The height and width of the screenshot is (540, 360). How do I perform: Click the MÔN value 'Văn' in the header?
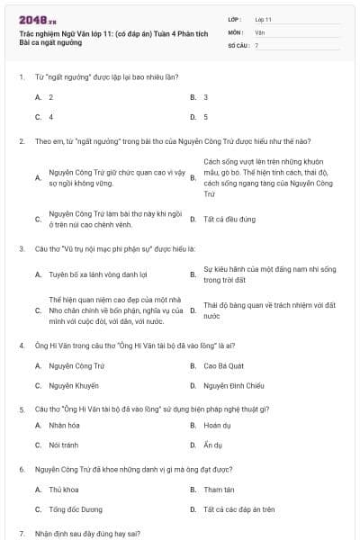[x=260, y=31]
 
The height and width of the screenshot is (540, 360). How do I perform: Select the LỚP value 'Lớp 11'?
[x=264, y=18]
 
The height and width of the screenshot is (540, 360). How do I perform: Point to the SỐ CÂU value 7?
[x=256, y=45]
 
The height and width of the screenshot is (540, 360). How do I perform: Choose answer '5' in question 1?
[x=205, y=117]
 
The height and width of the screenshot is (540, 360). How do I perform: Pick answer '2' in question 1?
[x=50, y=96]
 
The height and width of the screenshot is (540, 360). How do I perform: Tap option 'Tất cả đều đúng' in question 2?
[x=229, y=219]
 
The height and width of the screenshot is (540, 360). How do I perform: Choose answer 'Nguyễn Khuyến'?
[x=74, y=386]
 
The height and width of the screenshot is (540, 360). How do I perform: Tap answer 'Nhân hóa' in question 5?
[x=65, y=424]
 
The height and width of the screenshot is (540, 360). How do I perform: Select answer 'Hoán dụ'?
[x=217, y=424]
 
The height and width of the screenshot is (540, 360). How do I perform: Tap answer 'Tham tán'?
[x=219, y=490]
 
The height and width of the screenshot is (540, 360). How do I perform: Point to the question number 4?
[x=21, y=345]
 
